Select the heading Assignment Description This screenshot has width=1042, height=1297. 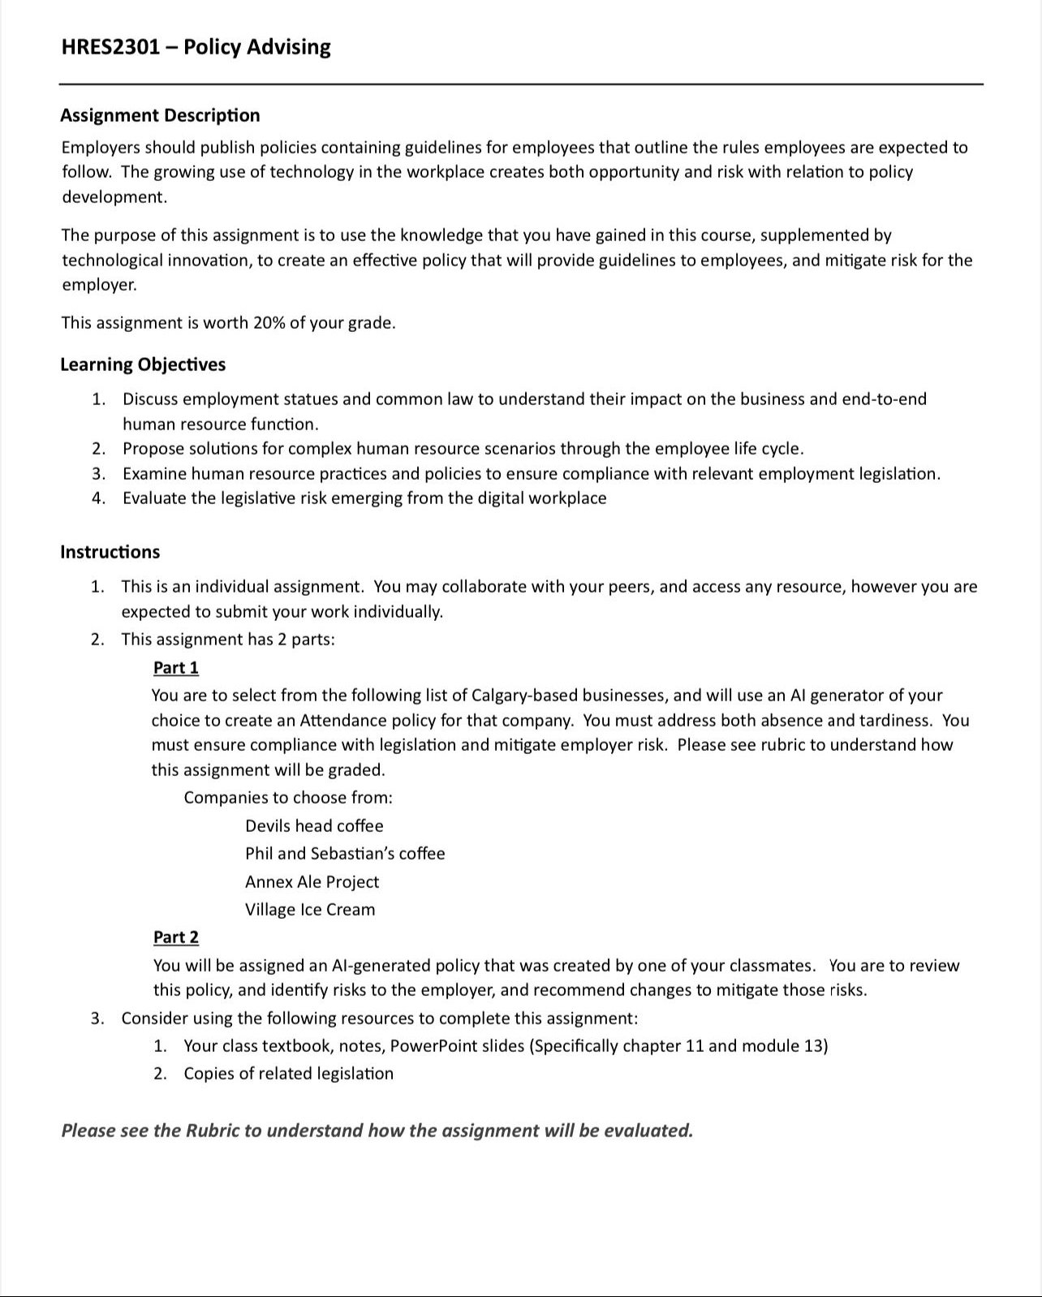pos(160,115)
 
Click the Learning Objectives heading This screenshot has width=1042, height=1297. pos(143,364)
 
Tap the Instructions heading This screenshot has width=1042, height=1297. pos(110,552)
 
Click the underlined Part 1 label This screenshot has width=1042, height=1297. pos(175,668)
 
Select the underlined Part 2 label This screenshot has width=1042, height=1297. pos(175,937)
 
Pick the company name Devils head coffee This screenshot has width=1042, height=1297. pos(314,826)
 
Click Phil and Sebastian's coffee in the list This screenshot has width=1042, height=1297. pos(345,854)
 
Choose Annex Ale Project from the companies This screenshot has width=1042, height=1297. pos(312,882)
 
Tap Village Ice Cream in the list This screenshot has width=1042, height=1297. pos(310,910)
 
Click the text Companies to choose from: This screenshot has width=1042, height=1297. pos(287,798)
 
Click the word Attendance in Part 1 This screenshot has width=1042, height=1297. pos(343,721)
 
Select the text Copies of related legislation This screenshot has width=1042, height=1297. pos(288,1074)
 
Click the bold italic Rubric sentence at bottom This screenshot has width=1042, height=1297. pos(377,1131)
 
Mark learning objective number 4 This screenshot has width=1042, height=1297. pos(364,498)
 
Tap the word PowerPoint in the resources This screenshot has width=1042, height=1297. pos(433,1046)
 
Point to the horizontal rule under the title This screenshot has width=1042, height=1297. pos(520,84)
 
